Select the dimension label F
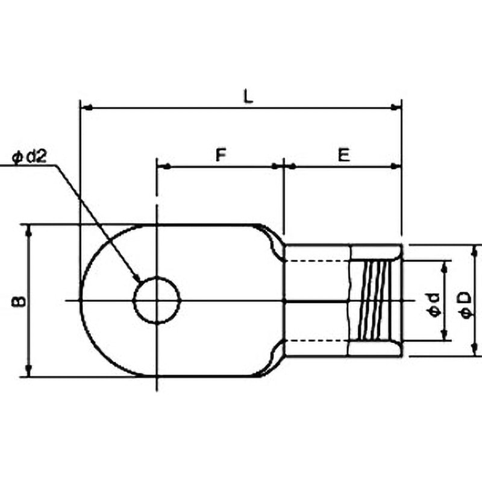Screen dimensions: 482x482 click(221, 155)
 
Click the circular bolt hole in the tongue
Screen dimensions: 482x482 click(157, 300)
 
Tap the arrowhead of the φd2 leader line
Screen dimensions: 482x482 click(137, 279)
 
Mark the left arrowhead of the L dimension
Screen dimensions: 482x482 click(85, 108)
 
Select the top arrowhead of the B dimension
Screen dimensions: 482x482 click(28, 229)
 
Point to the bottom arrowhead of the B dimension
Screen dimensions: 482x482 click(28, 372)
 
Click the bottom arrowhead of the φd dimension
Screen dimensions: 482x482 click(446, 335)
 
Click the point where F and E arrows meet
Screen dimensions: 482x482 click(284, 166)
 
